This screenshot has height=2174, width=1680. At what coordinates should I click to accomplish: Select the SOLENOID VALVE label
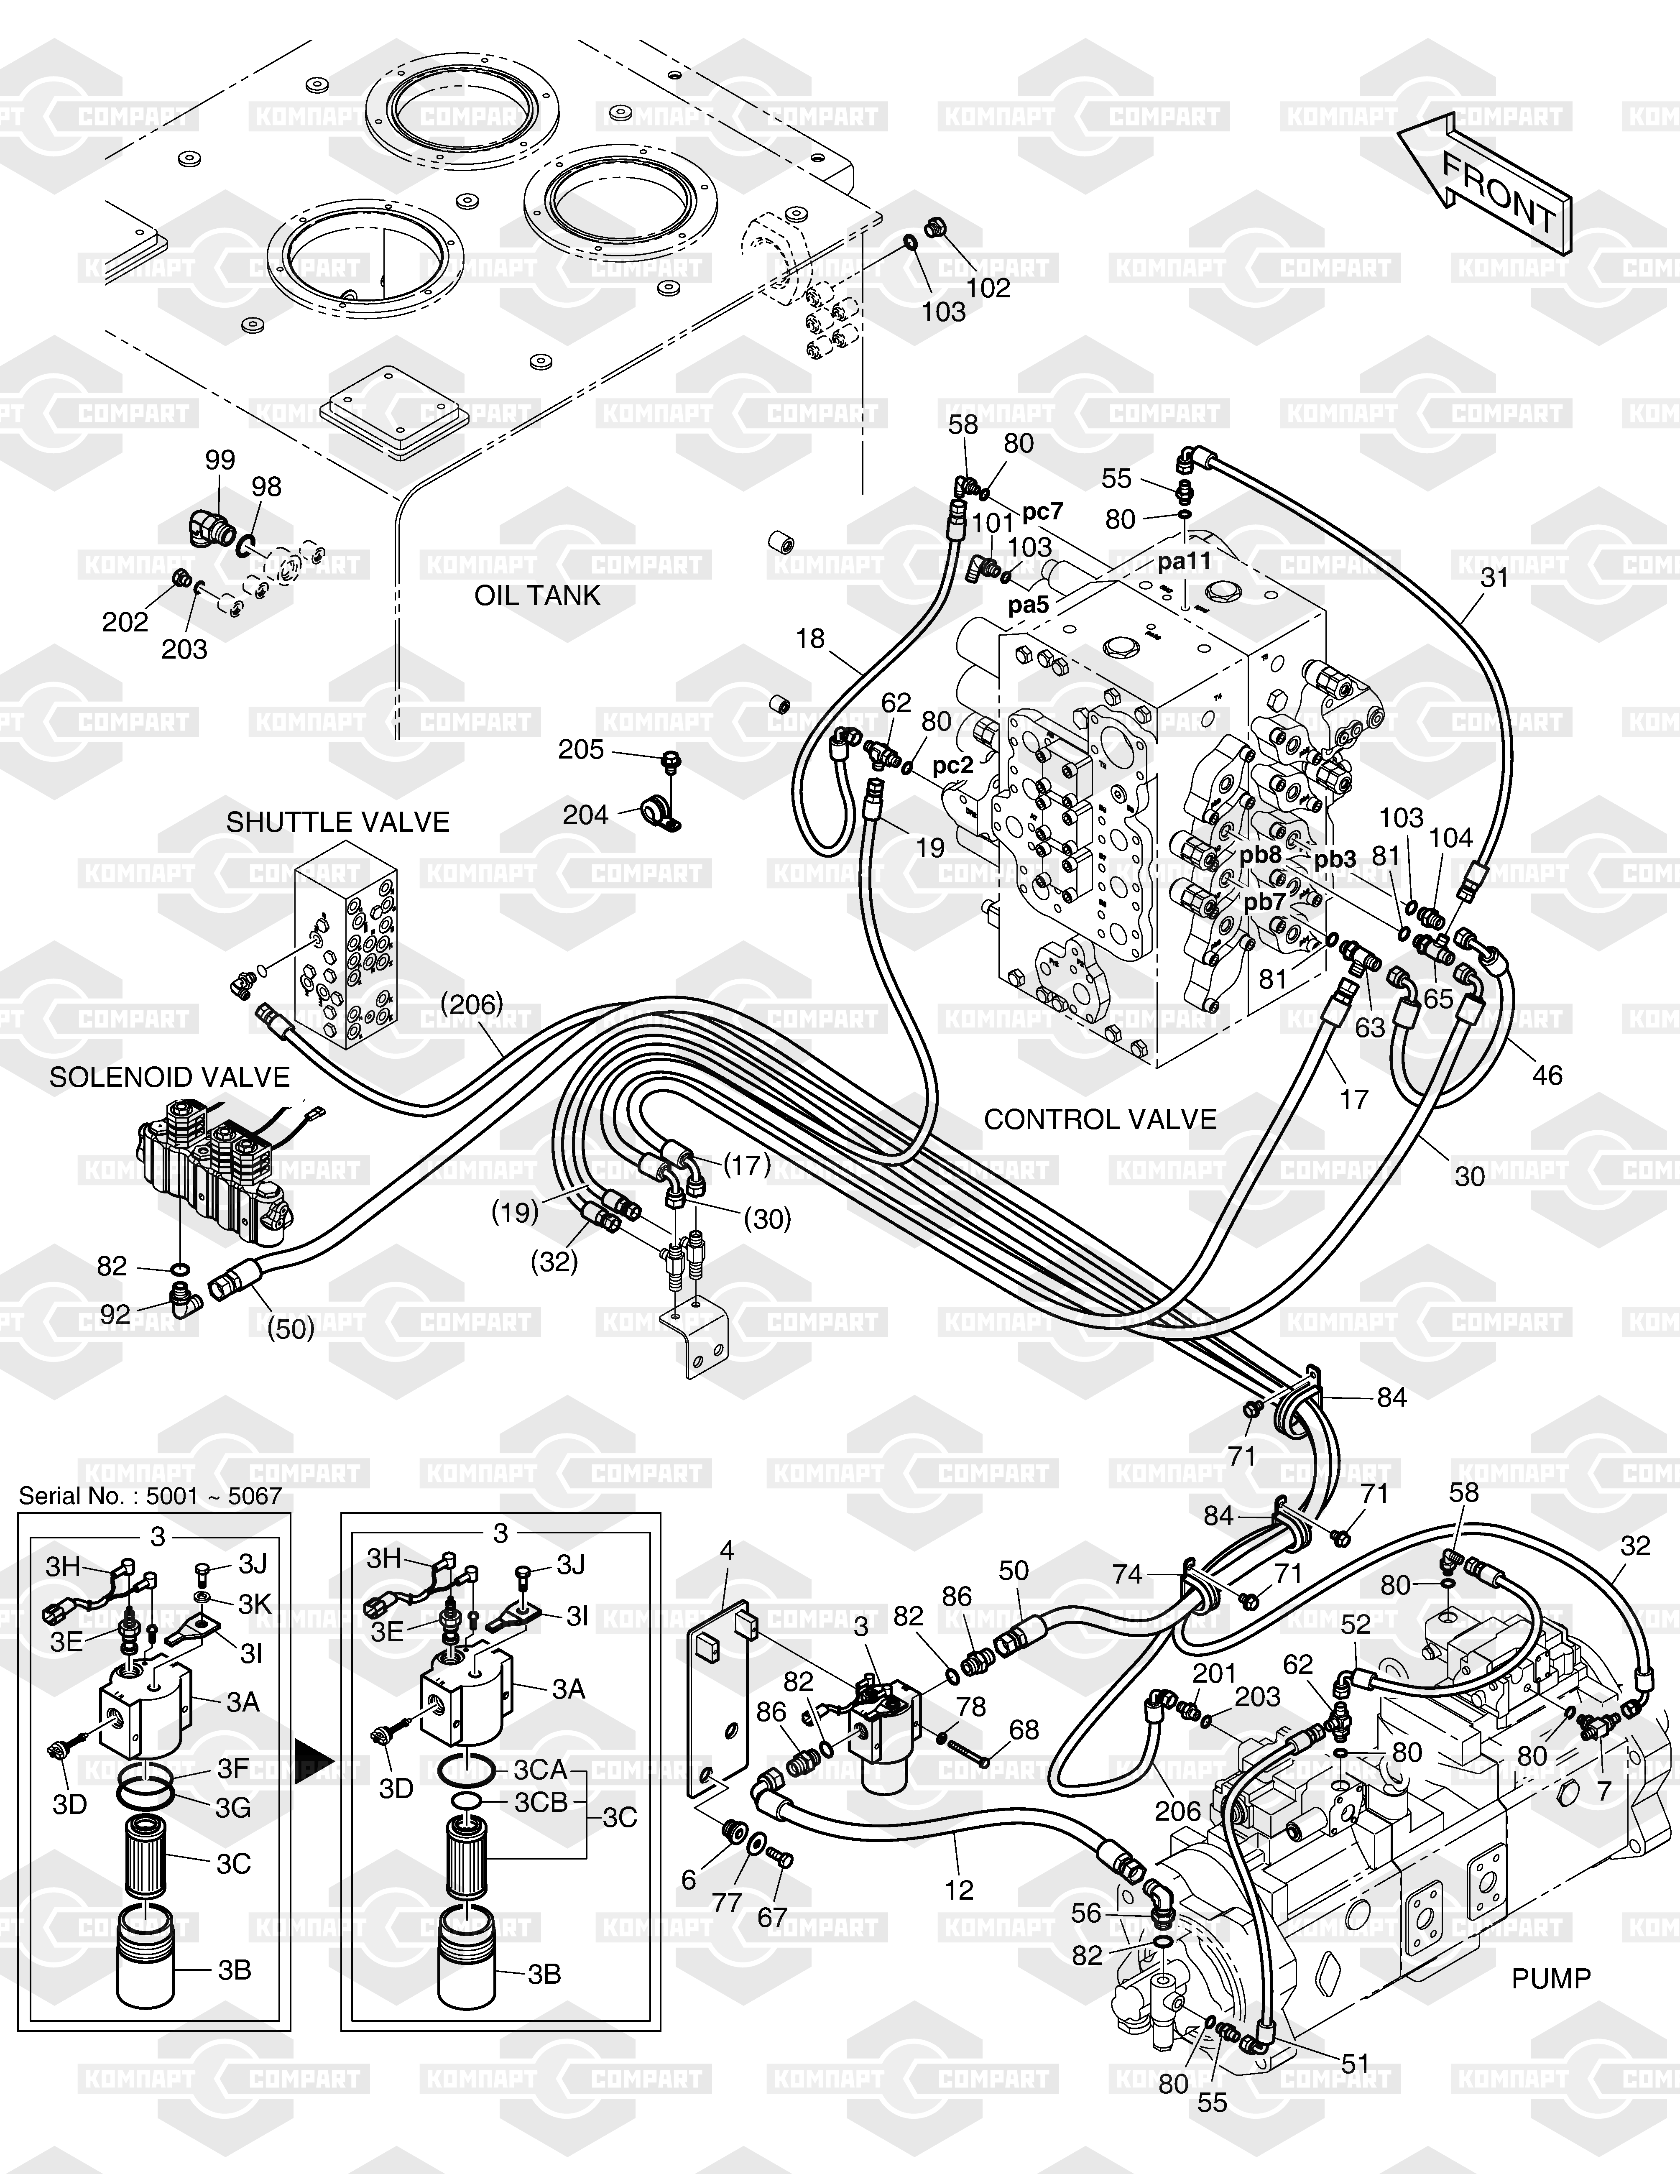[169, 1077]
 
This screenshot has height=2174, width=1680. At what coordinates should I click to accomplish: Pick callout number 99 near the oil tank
[220, 460]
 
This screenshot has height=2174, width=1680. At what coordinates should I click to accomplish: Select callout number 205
[581, 750]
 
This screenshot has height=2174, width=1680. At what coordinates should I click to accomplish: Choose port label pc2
[952, 766]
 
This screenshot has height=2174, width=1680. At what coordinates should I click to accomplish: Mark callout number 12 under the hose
[958, 1889]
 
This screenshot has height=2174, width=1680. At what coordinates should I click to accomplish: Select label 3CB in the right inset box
[541, 1803]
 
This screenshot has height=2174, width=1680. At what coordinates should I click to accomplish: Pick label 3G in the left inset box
[233, 1807]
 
